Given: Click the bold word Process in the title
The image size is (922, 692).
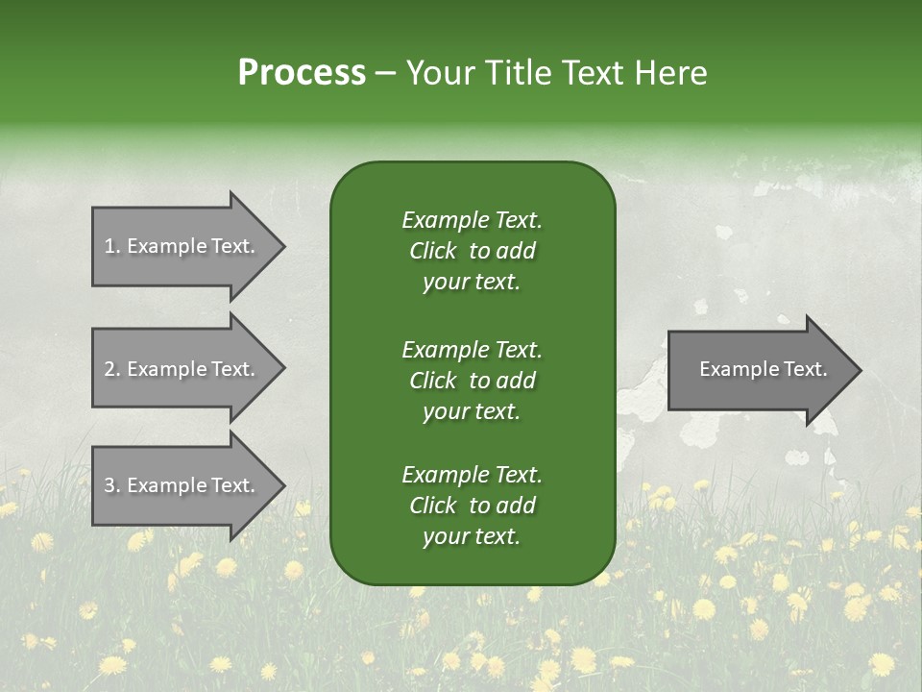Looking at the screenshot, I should click(302, 73).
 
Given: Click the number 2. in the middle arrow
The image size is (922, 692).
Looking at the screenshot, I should click(112, 369).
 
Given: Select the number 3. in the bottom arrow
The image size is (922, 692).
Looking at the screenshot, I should click(112, 485).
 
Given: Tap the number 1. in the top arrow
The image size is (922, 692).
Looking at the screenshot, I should click(112, 246).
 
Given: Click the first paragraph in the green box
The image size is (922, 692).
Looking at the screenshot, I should click(472, 251).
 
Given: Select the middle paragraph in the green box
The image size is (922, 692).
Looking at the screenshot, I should click(472, 380).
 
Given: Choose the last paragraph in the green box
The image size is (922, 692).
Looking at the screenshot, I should click(472, 506).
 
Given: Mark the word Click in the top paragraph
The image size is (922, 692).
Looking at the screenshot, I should click(433, 251).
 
